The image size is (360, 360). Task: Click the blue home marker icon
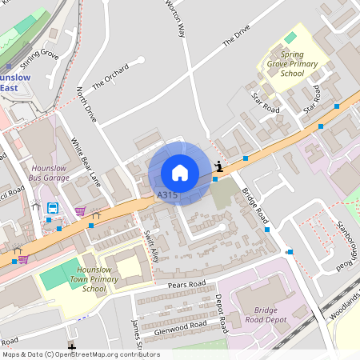[x=180, y=173]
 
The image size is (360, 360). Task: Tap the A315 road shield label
[x=167, y=194]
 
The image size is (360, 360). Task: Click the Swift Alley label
[x=153, y=245]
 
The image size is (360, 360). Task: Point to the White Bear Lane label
[x=83, y=160]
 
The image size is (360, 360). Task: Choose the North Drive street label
[x=86, y=104]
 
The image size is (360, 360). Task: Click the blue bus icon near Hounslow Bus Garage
[x=53, y=209]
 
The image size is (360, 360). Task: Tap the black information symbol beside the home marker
[x=219, y=166]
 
